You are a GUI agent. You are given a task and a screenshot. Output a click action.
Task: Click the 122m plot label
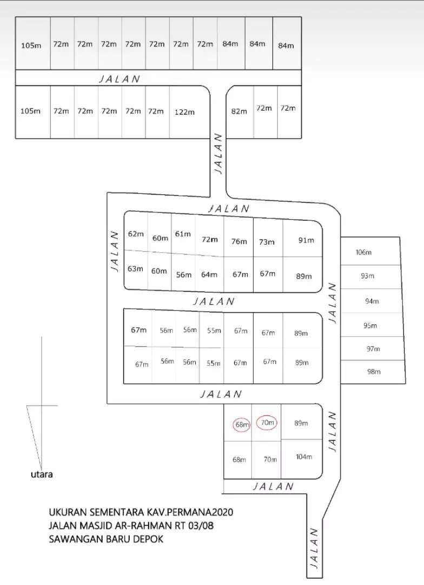pos(184,112)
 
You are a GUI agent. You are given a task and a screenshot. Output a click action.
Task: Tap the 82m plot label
pos(239,111)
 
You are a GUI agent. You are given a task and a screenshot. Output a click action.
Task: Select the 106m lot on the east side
pos(364,252)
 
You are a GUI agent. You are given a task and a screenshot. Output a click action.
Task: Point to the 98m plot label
pos(374,372)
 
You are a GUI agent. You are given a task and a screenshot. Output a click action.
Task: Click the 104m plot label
pos(304,457)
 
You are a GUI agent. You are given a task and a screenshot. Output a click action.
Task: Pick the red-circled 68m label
pos(242,425)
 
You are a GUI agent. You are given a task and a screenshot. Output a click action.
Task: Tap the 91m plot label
pos(306,240)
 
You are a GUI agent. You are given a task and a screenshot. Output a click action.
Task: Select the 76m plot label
pos(239,242)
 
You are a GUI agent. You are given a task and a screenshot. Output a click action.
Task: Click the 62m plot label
pos(136,234)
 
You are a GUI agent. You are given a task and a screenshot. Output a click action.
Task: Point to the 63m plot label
pos(135,269)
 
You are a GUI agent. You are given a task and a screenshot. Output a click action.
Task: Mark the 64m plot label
pos(209,274)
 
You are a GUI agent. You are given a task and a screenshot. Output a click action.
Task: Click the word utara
pos(42,474)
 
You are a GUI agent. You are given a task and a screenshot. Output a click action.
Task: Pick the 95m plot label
pos(370,326)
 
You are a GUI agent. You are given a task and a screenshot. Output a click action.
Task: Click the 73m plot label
pos(267,242)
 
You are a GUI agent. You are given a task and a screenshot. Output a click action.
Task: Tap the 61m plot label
pos(183,234)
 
